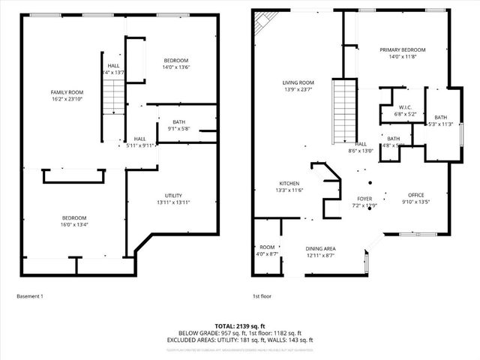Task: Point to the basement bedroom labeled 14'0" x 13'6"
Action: click(176, 64)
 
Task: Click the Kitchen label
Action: click(289, 187)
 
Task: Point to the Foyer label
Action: click(364, 202)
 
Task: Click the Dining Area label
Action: click(319, 252)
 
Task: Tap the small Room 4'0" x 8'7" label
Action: click(268, 250)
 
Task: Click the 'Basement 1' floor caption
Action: click(30, 296)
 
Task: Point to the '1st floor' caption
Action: click(262, 296)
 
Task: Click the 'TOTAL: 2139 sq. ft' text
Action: click(239, 327)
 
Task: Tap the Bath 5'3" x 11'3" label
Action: click(440, 120)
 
